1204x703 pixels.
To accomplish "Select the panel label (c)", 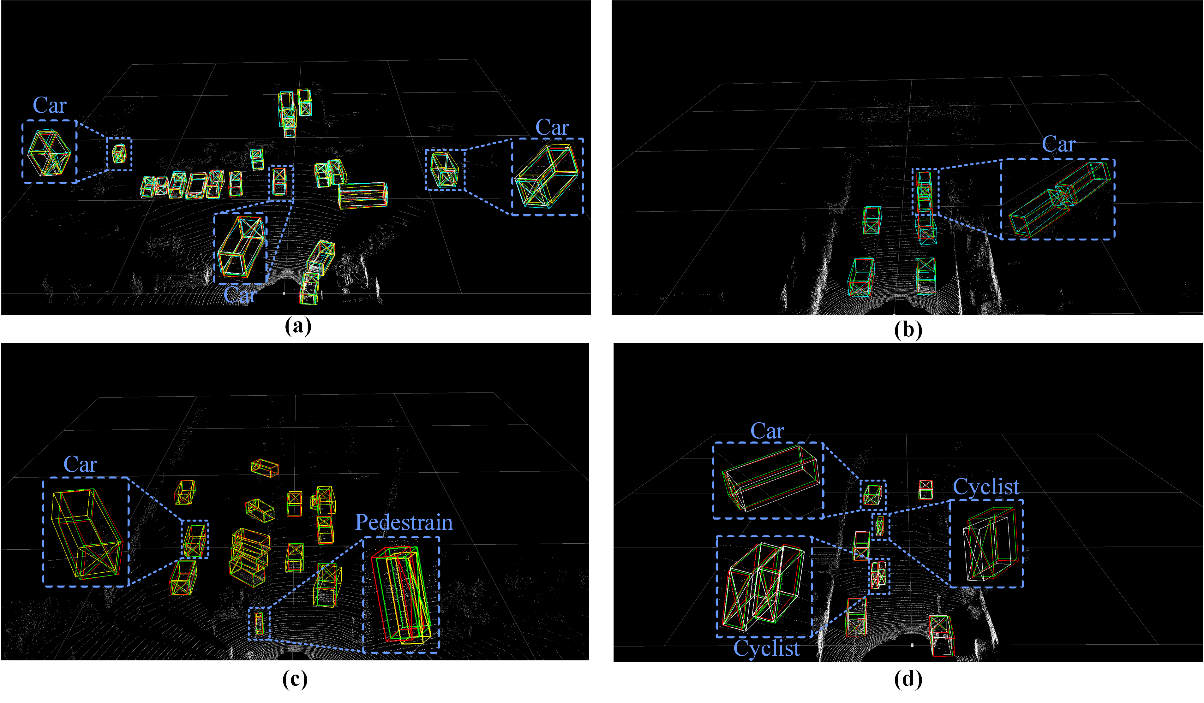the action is point(295,679).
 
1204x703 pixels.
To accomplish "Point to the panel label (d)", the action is point(908,679).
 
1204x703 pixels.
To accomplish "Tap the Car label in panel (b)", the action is point(1058,144).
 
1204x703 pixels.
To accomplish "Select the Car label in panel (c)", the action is point(80,464).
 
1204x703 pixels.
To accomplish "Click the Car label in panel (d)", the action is point(767,431).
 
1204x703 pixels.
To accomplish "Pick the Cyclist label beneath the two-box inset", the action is point(766,648).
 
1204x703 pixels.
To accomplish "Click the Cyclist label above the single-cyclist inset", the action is point(986,487).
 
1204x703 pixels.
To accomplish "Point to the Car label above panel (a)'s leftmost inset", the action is point(50,105).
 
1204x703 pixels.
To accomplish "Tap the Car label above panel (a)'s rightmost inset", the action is point(552,127).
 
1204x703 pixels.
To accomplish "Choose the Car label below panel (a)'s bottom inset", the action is point(240,295).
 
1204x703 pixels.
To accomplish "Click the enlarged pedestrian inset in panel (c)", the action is point(401,594).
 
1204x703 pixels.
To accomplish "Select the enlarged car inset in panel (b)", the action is point(1058,199).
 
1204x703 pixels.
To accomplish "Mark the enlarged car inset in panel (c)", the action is point(86,532).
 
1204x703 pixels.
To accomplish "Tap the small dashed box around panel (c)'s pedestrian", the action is point(259,623).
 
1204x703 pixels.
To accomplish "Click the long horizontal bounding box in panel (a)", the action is point(362,195).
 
